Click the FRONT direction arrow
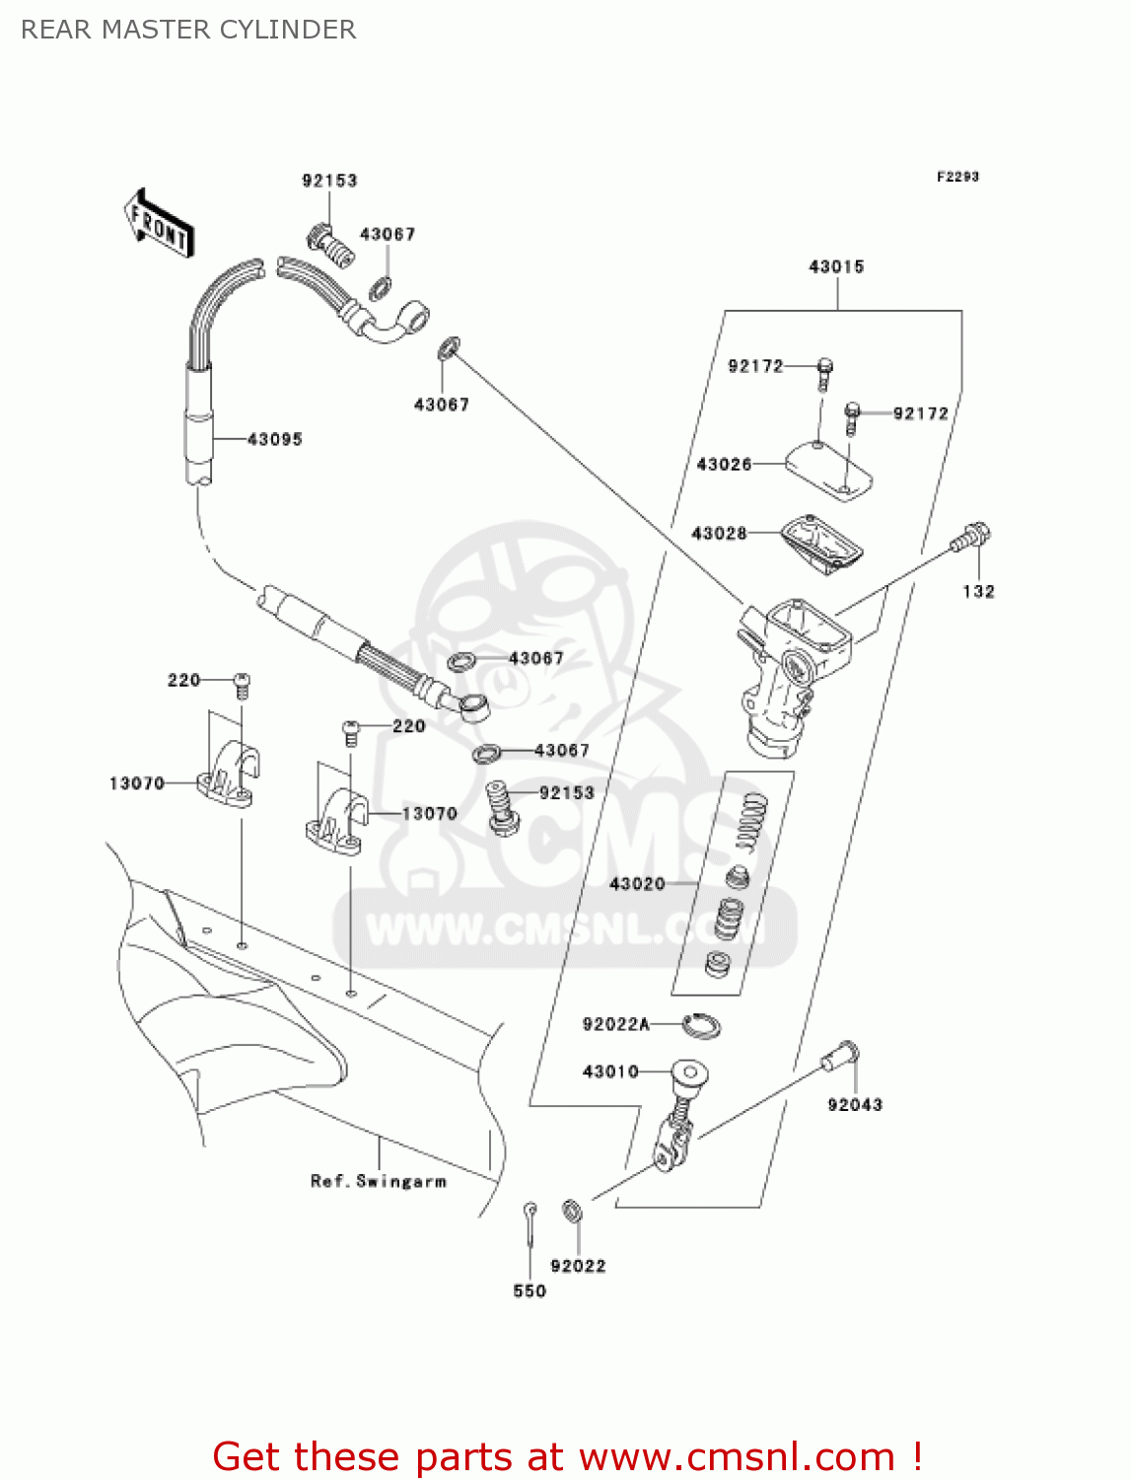[x=159, y=224]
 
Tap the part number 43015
[x=836, y=266]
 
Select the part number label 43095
[x=274, y=439]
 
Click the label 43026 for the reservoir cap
[x=724, y=464]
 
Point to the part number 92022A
[x=615, y=1024]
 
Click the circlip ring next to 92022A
[x=701, y=1025]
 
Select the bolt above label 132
[x=970, y=538]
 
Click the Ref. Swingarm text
[x=379, y=1181]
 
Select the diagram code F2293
[x=957, y=177]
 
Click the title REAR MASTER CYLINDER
[x=188, y=30]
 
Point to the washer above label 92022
[x=572, y=1210]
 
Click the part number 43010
[x=610, y=1072]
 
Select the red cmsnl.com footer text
[x=567, y=1456]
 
